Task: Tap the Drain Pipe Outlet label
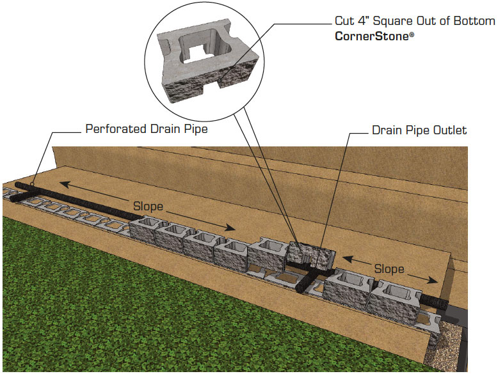pyautogui.click(x=419, y=130)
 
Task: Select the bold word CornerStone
pyautogui.click(x=371, y=36)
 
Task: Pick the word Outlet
pyautogui.click(x=451, y=130)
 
